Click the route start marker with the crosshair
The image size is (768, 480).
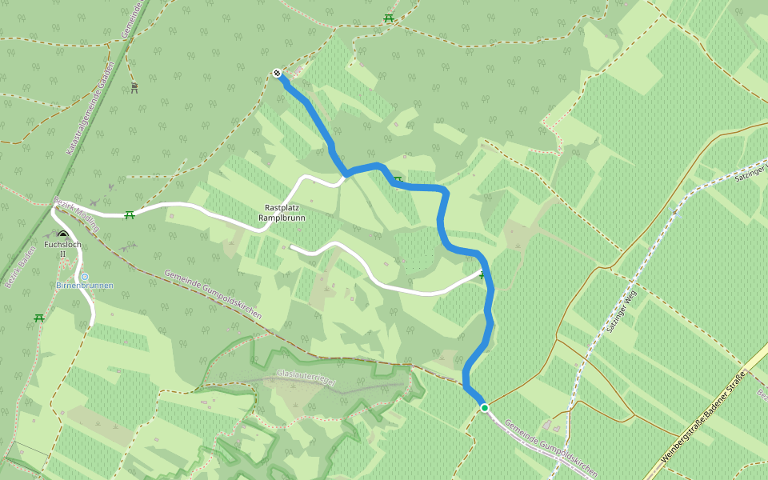click(277, 74)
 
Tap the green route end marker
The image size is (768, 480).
click(484, 408)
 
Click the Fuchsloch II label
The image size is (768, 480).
click(62, 248)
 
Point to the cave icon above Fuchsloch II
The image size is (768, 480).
click(62, 234)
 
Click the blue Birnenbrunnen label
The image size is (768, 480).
click(85, 286)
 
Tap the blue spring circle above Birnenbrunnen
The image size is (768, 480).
click(85, 276)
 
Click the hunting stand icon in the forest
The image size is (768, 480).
click(134, 87)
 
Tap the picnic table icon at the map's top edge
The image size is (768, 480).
click(389, 18)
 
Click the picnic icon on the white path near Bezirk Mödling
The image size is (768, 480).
click(129, 214)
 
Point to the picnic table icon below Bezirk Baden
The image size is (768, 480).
click(38, 318)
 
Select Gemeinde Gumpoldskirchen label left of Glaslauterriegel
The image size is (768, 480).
click(213, 294)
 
